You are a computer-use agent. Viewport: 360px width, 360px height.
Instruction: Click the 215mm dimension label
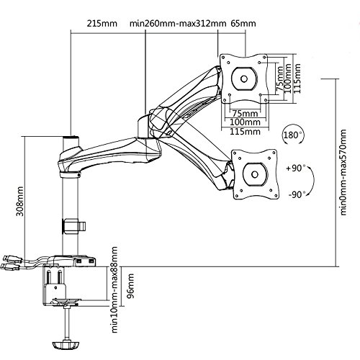pyautogui.click(x=102, y=24)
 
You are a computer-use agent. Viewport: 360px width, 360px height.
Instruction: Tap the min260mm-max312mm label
pyautogui.click(x=178, y=24)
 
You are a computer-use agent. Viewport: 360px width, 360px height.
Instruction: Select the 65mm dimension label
pyautogui.click(x=243, y=24)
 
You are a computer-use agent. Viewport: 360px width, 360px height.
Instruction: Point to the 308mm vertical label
pyautogui.click(x=19, y=201)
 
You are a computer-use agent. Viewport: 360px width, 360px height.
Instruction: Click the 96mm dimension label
pyautogui.click(x=130, y=286)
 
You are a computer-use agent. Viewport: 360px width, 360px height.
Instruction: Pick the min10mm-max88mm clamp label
pyautogui.click(x=114, y=289)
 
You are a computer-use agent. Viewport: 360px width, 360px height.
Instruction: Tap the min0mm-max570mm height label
pyautogui.click(x=343, y=172)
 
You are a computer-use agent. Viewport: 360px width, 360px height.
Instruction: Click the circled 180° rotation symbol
pyautogui.click(x=292, y=135)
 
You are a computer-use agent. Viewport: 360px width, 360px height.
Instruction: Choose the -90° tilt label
pyautogui.click(x=297, y=194)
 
